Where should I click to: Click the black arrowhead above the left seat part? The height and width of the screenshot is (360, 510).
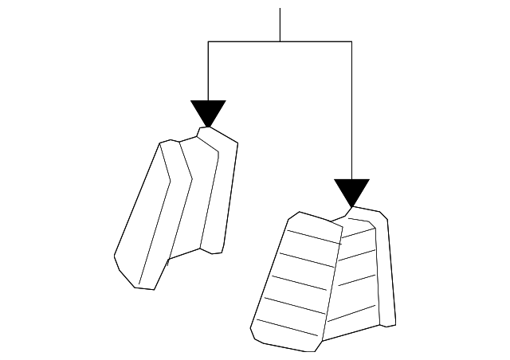[208, 112]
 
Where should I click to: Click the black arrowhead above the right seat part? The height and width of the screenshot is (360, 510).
[351, 191]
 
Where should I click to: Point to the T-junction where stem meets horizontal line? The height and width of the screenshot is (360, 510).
[280, 41]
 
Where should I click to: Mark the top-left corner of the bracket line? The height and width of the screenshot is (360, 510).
[208, 41]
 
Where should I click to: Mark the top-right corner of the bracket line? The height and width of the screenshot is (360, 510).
[351, 41]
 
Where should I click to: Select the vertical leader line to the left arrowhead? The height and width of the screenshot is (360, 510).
[208, 72]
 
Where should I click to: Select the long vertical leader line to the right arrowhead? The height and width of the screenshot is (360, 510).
[351, 112]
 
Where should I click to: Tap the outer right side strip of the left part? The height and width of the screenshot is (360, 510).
[223, 191]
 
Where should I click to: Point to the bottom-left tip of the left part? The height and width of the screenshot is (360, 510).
[116, 259]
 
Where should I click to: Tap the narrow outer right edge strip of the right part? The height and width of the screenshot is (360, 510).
[388, 271]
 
